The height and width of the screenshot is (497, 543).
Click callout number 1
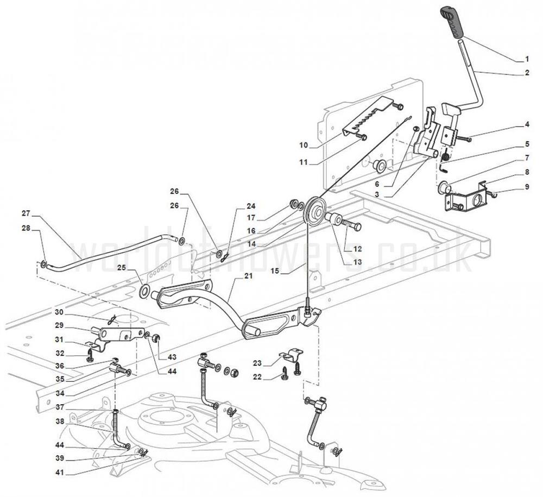(x=526, y=58)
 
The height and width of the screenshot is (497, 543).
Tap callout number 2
(x=526, y=73)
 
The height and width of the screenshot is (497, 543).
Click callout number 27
(x=26, y=212)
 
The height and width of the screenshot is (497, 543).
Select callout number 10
(x=303, y=145)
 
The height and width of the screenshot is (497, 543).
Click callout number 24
(x=250, y=206)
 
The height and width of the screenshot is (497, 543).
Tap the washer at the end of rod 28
(x=43, y=265)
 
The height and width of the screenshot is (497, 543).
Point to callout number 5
(x=526, y=144)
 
